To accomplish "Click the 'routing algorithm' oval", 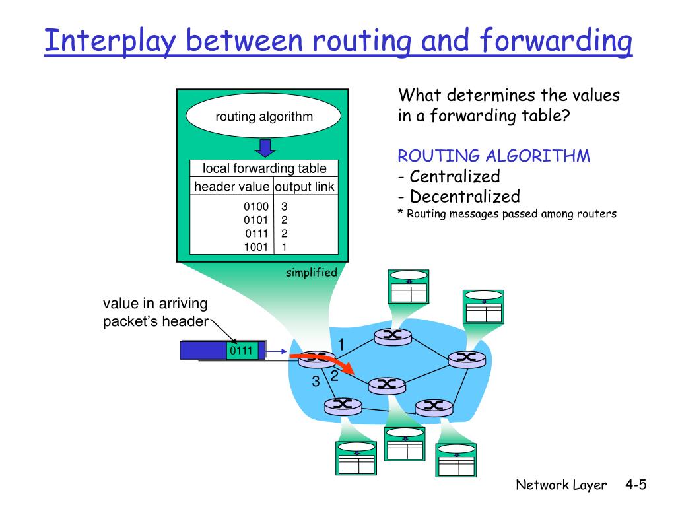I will click(264, 117).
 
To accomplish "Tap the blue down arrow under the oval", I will click(264, 147).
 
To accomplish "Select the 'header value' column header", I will click(231, 187).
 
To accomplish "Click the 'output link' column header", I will click(304, 187).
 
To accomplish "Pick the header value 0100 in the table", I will click(255, 207).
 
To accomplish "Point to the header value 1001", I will click(255, 247).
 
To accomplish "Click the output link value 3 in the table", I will click(284, 207).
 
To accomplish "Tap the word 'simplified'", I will click(312, 273).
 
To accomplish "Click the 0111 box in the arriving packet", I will click(242, 351).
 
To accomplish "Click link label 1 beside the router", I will click(341, 345).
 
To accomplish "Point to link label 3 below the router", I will click(316, 382).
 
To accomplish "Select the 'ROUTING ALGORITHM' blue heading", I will click(494, 156).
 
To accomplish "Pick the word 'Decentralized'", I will click(464, 196).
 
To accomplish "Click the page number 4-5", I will click(635, 485).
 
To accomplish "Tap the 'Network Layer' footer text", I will click(561, 485).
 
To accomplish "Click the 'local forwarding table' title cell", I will click(264, 168).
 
